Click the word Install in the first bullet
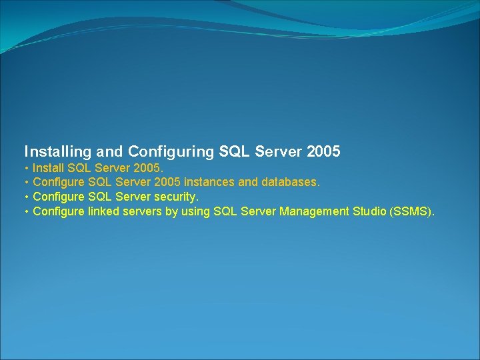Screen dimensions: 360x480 (x=49, y=167)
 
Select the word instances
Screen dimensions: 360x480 (x=209, y=181)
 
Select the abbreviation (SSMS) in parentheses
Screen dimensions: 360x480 (x=412, y=211)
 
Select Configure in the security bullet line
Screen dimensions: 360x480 (x=59, y=197)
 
